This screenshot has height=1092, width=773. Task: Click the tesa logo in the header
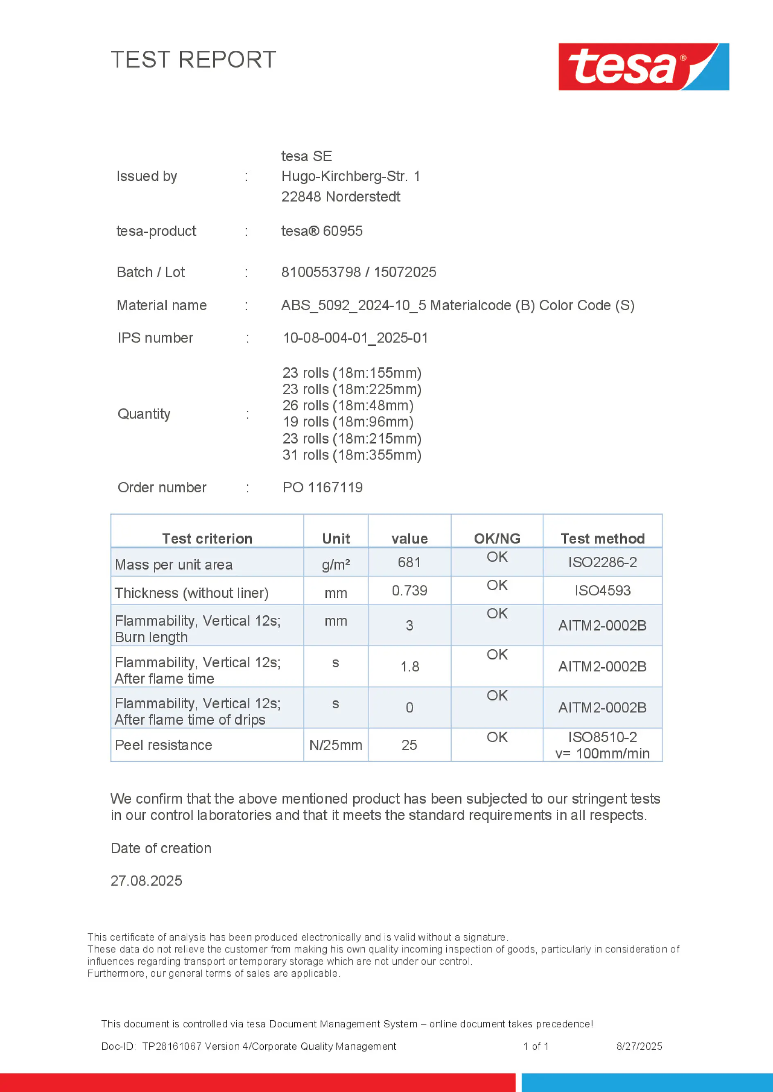(643, 67)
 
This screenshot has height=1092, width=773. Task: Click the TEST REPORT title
(193, 60)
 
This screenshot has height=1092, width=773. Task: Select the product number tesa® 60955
(322, 231)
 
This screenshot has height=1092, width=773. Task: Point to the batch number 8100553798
(321, 272)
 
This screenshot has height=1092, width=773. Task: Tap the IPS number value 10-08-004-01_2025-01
(355, 338)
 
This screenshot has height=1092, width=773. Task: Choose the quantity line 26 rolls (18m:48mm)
(348, 406)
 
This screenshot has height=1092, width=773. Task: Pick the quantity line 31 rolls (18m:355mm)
(352, 455)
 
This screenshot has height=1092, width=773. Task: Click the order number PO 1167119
(322, 488)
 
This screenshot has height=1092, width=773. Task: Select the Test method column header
(602, 538)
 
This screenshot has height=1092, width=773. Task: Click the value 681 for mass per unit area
(409, 562)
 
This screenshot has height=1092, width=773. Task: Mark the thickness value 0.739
(409, 591)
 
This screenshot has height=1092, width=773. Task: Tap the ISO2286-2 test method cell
(602, 562)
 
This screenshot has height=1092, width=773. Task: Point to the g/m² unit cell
(336, 565)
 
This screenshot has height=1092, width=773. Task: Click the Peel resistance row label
(163, 745)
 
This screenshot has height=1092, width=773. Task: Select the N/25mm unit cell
(336, 745)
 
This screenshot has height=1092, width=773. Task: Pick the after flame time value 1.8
(409, 667)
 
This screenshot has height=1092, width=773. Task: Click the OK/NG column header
(497, 538)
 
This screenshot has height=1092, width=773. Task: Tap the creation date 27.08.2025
(146, 881)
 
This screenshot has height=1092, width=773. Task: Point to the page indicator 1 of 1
(536, 1046)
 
